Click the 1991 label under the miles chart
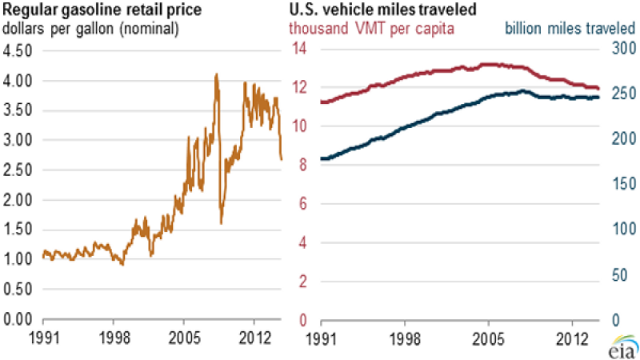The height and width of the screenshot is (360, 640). click(x=320, y=336)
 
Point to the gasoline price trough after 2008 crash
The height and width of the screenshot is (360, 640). click(x=221, y=222)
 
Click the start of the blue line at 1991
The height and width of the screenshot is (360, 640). click(x=321, y=158)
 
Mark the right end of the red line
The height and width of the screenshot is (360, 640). click(x=598, y=88)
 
